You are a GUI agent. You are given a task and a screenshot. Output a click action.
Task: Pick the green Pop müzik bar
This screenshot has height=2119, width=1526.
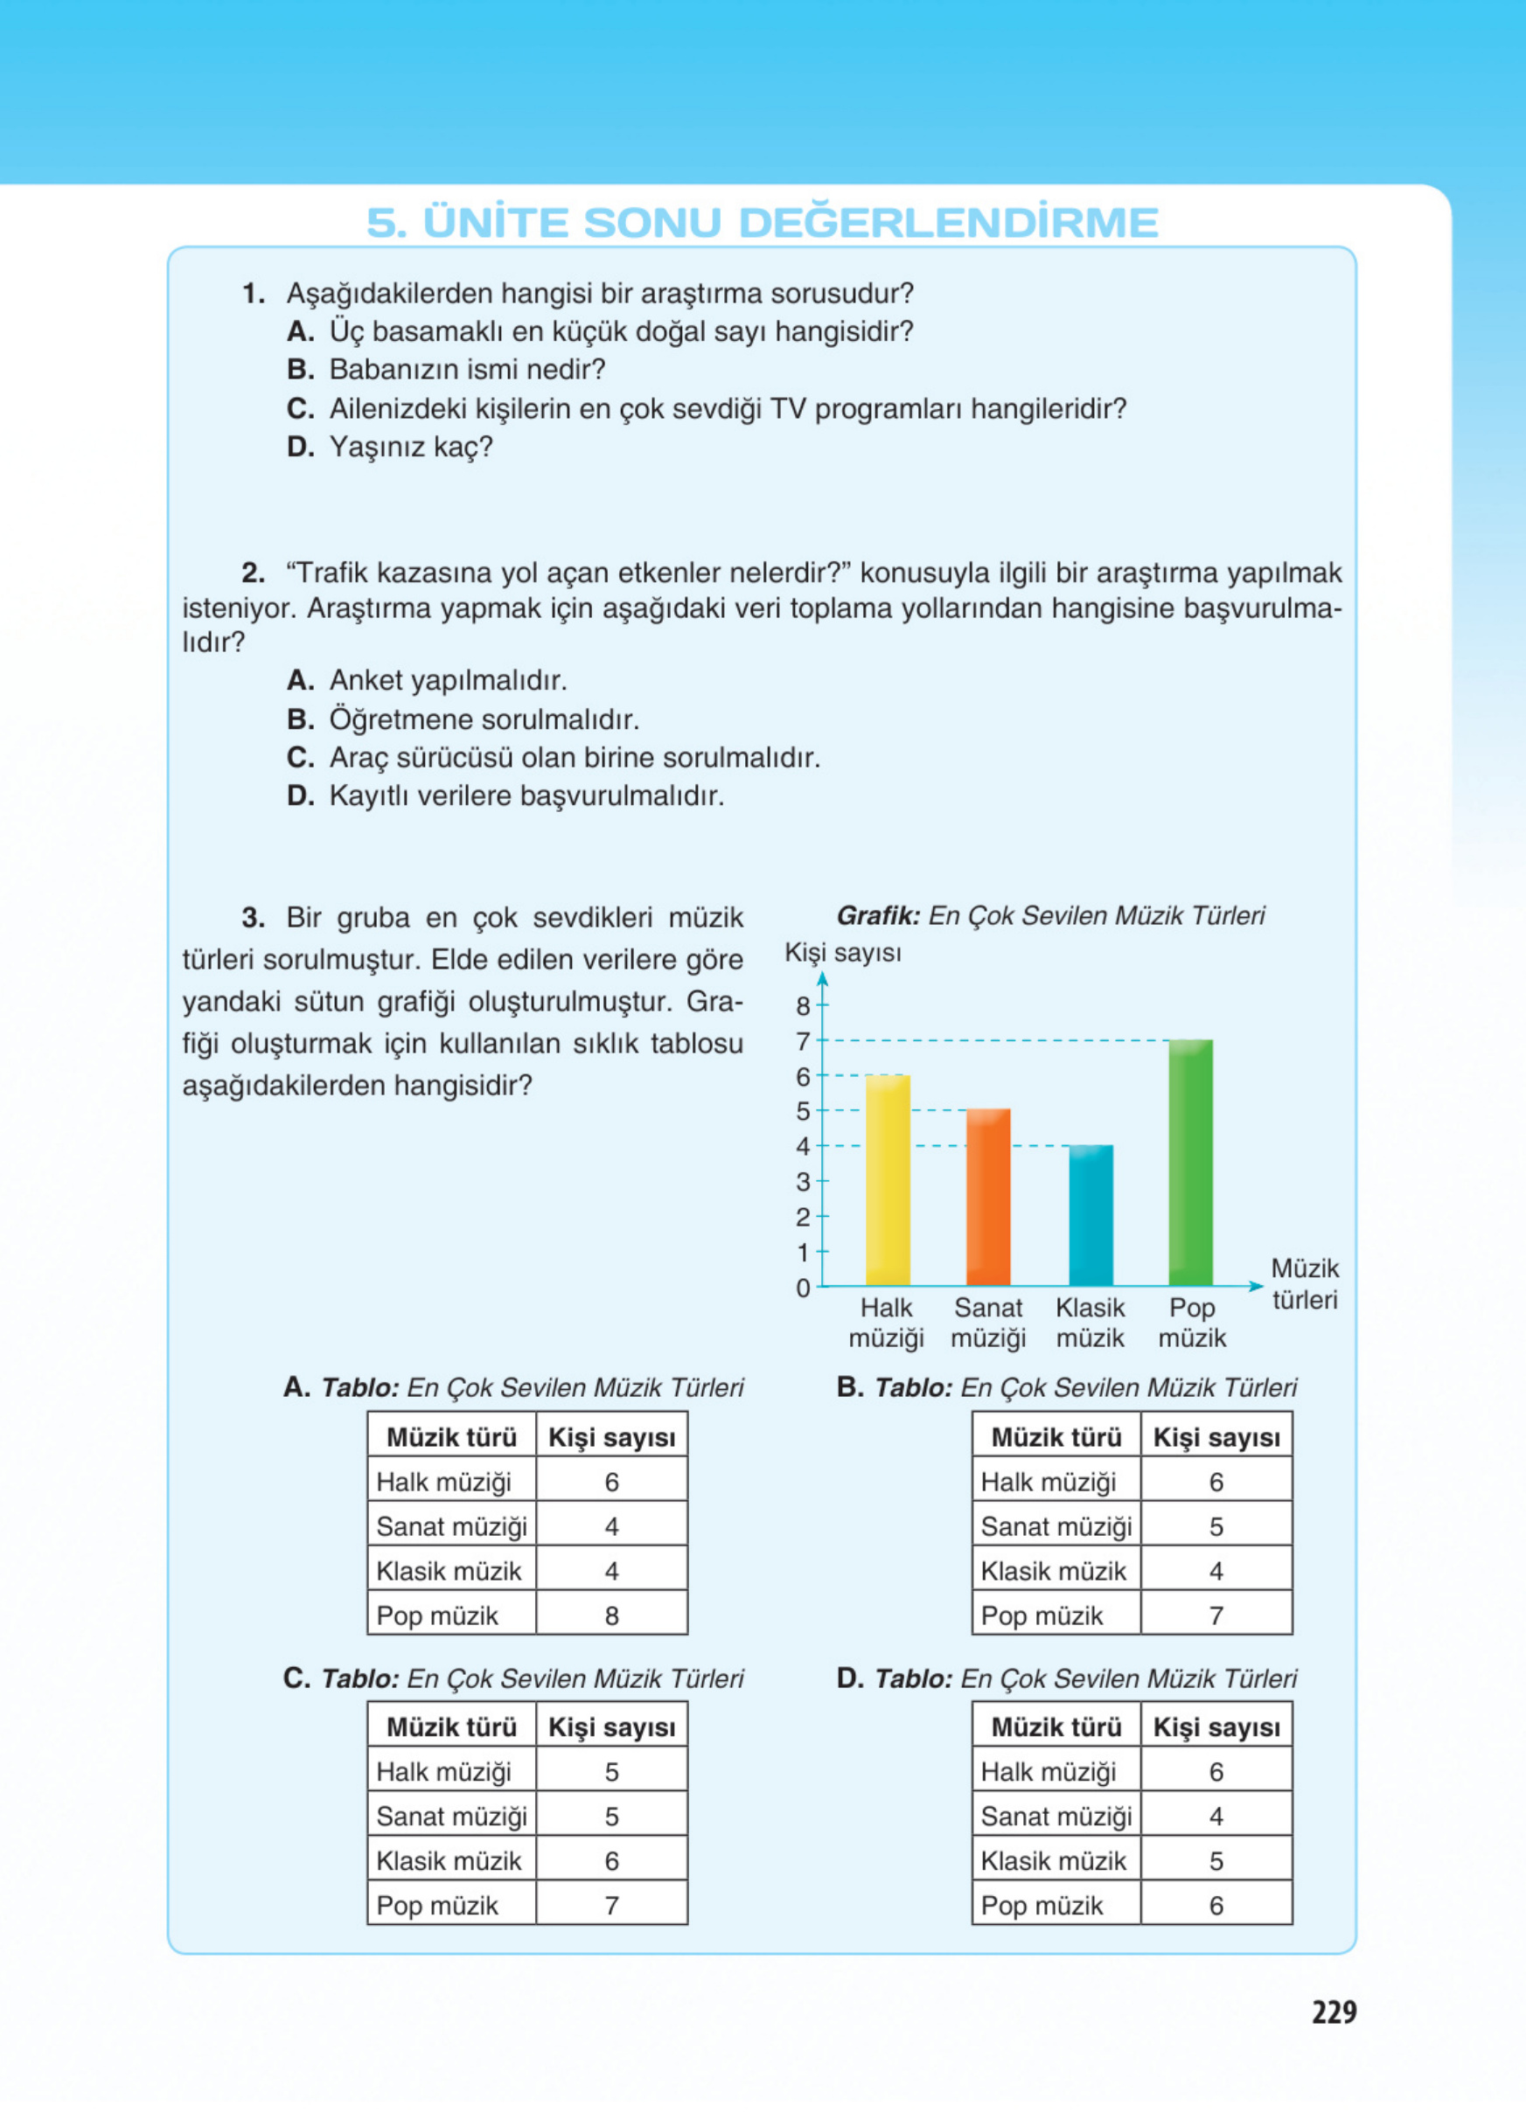[1190, 1163]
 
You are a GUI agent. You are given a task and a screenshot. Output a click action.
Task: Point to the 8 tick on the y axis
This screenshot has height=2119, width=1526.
[804, 1006]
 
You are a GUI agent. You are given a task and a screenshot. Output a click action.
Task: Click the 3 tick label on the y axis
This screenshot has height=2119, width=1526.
[804, 1182]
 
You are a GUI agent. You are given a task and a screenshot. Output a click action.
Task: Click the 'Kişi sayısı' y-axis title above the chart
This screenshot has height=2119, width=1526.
[843, 953]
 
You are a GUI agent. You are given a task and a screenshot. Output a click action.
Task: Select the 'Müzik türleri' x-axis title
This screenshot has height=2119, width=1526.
[1305, 1284]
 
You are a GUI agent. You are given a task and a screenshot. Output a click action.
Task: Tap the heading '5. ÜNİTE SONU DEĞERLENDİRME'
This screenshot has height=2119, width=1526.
[763, 222]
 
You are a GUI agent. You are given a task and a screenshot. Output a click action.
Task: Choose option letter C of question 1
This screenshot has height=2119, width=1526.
[300, 408]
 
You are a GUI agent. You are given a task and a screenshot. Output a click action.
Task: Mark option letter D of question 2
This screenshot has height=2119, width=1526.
[300, 796]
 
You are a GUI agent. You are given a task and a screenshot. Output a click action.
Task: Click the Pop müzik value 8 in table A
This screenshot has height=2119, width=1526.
[611, 1615]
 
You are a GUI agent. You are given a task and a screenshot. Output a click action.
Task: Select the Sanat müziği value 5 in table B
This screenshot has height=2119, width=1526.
[1216, 1526]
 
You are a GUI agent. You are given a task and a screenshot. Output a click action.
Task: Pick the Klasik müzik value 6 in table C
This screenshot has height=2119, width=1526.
[611, 1861]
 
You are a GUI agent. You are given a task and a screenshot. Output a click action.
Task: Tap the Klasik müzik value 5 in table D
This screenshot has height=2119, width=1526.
[1216, 1861]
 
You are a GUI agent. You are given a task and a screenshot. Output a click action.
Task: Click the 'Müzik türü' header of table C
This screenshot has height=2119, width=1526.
[451, 1727]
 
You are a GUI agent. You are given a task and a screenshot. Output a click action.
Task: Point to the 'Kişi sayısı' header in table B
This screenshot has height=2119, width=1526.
[1216, 1438]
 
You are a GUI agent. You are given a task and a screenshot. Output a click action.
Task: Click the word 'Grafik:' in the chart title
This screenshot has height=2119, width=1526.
[877, 915]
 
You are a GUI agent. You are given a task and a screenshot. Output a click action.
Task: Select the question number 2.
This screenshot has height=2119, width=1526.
[253, 572]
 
